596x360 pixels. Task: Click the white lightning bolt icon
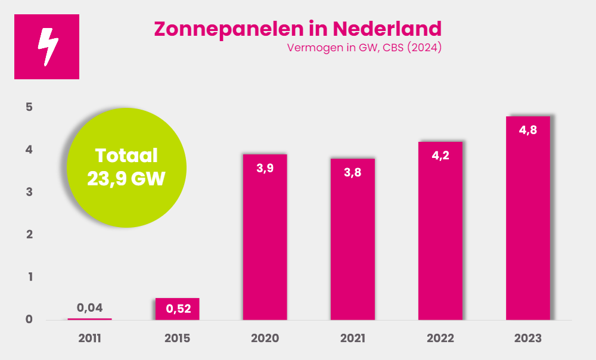47,46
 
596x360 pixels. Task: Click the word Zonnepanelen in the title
227,28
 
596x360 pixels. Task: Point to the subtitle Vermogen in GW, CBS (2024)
364,49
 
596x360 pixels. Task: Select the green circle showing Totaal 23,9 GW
126,167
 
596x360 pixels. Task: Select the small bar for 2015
178,309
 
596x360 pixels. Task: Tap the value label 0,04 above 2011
90,308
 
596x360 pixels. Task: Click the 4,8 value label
528,130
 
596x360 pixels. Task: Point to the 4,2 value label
440,156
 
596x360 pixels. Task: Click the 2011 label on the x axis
90,339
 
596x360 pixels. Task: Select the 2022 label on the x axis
440,339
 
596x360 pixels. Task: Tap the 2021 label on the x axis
353,339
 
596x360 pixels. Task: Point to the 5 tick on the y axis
29,107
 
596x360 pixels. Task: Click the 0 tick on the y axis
29,320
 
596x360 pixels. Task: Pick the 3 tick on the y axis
29,193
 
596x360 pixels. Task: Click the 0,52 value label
178,309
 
